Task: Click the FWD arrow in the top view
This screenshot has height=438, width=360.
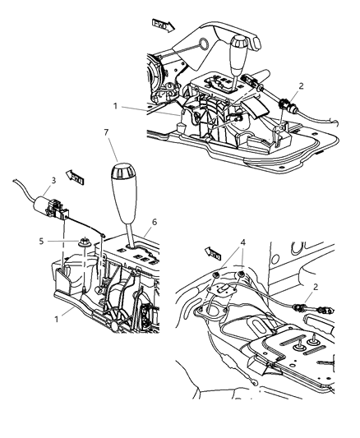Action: [163, 25]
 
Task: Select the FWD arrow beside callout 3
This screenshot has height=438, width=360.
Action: [77, 176]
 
